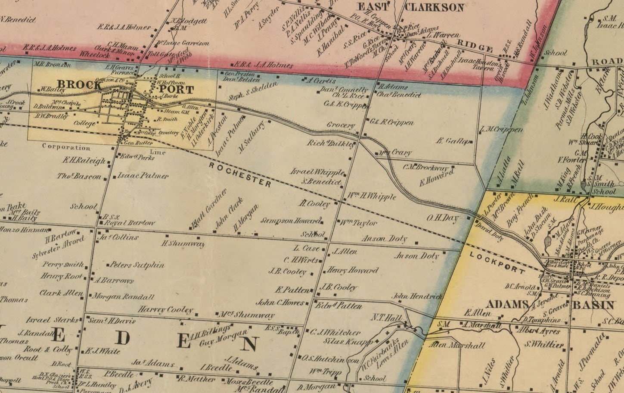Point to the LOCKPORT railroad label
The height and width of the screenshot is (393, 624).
pyautogui.click(x=497, y=262)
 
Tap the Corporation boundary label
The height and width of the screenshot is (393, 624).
pyautogui.click(x=66, y=147)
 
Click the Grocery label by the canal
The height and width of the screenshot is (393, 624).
pyautogui.click(x=341, y=126)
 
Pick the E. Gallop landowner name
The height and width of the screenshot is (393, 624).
pyautogui.click(x=452, y=141)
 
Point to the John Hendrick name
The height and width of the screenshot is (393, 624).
pyautogui.click(x=417, y=296)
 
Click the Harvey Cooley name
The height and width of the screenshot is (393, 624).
pyautogui.click(x=165, y=309)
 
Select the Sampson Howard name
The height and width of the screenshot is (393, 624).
pyautogui.click(x=291, y=221)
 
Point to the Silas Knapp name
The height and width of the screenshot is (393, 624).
pyautogui.click(x=348, y=342)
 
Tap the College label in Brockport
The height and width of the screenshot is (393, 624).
pyautogui.click(x=84, y=123)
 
